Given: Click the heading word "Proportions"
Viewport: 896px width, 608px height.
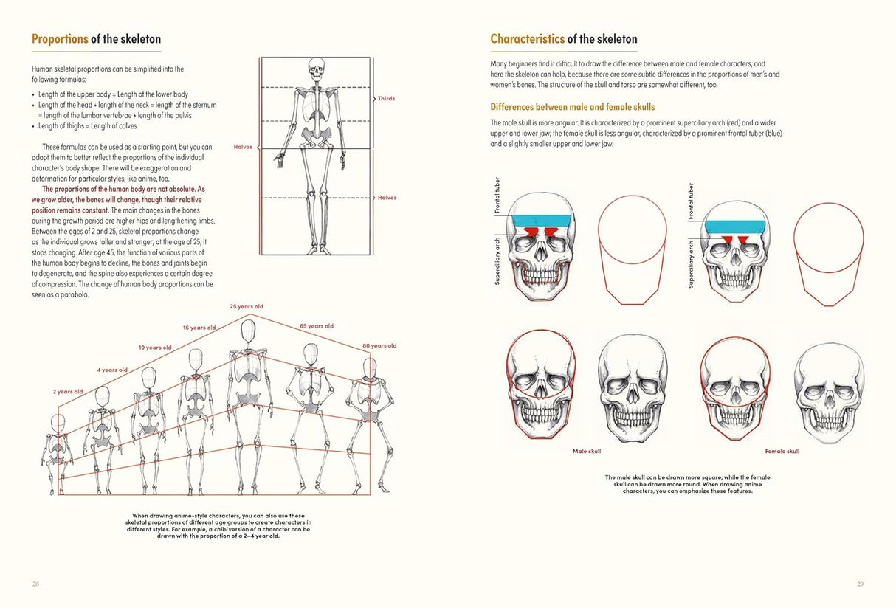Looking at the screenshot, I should click(x=60, y=39).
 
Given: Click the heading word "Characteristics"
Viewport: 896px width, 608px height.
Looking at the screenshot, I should click(x=527, y=39).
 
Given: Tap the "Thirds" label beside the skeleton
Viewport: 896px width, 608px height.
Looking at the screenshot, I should click(x=386, y=98).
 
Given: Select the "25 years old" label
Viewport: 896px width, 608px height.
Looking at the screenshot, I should click(x=247, y=306).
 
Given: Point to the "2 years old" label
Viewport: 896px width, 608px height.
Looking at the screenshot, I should click(x=68, y=392).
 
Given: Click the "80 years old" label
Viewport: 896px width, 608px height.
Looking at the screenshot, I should click(x=379, y=346).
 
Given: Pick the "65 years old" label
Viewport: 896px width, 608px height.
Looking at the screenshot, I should click(x=317, y=326).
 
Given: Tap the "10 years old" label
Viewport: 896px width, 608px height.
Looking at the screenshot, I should click(x=155, y=348).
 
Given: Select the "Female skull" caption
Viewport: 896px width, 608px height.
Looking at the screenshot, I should click(x=782, y=451).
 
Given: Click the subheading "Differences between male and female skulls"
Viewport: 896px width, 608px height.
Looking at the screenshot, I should click(x=573, y=107).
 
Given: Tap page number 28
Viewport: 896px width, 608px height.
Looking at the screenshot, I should click(x=35, y=584).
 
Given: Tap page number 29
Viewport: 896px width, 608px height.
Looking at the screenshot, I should click(x=860, y=584).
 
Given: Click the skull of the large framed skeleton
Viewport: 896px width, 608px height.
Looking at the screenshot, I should click(x=316, y=71).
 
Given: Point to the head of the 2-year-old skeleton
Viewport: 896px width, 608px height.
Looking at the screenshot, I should click(x=58, y=423).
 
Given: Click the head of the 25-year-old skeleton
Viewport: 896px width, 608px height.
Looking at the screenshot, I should click(x=249, y=330).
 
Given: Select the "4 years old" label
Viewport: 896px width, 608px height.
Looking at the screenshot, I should click(x=112, y=370).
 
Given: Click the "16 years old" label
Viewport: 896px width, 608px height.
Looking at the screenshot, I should click(x=199, y=328).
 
